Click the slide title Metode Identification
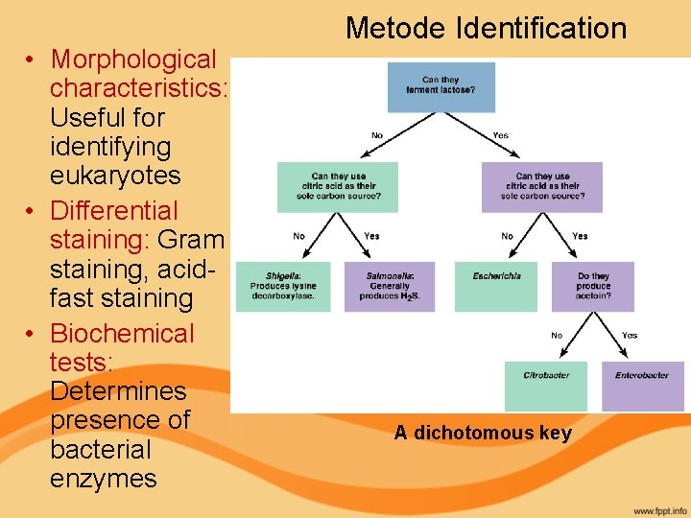click(x=486, y=28)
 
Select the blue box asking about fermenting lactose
click(x=441, y=87)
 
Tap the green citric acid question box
click(x=337, y=186)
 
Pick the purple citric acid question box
click(x=542, y=186)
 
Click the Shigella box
click(x=283, y=286)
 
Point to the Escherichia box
click(x=496, y=286)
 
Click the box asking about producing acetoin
click(x=593, y=286)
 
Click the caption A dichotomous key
click(x=483, y=433)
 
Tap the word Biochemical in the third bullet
click(x=122, y=333)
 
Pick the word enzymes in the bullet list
click(x=103, y=479)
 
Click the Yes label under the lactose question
click(x=500, y=136)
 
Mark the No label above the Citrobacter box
click(x=557, y=335)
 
